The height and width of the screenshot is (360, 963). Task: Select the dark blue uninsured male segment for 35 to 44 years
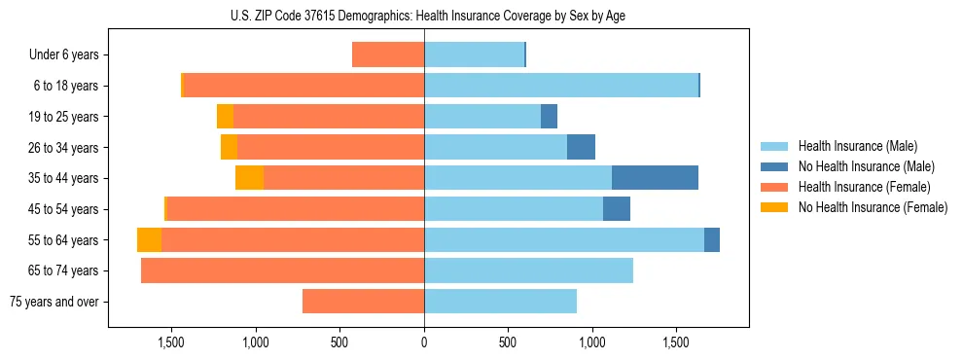pos(655,178)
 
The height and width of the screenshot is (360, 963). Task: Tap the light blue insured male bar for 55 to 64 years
pos(564,239)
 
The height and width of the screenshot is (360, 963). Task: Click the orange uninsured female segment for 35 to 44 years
pos(249,178)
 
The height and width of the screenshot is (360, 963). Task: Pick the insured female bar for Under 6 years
pos(388,54)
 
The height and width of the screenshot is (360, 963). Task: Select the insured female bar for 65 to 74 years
pos(282,270)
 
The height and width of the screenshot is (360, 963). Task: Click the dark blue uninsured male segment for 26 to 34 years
pos(581,147)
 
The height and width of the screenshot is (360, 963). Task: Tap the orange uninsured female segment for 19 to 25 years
pos(225,117)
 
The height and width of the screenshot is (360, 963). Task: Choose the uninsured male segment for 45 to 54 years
pos(617,209)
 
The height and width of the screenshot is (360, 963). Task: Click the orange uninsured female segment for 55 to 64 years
pos(149,239)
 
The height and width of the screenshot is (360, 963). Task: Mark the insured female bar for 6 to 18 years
pos(303,86)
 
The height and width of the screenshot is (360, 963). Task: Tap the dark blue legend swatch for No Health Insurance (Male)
pos(775,166)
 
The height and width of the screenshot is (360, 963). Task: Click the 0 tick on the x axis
pos(424,342)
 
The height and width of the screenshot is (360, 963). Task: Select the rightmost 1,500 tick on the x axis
pos(676,342)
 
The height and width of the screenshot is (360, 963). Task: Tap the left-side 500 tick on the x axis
pos(339,342)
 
